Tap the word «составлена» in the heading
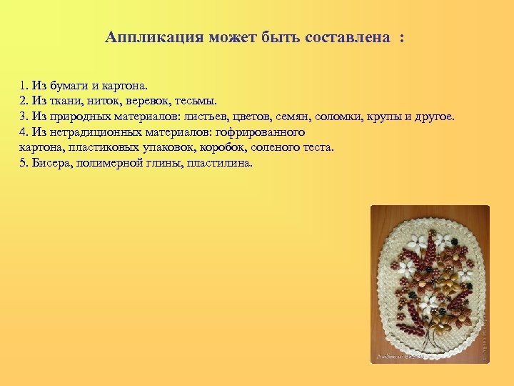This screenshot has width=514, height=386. pyautogui.click(x=350, y=36)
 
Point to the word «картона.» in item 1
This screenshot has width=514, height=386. pyautogui.click(x=125, y=86)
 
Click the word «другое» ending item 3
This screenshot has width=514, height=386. pyautogui.click(x=433, y=117)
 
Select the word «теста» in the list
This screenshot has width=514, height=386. pyautogui.click(x=318, y=147)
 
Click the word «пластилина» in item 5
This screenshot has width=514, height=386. pyautogui.click(x=223, y=162)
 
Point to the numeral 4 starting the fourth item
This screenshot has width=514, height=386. pyautogui.click(x=23, y=132)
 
